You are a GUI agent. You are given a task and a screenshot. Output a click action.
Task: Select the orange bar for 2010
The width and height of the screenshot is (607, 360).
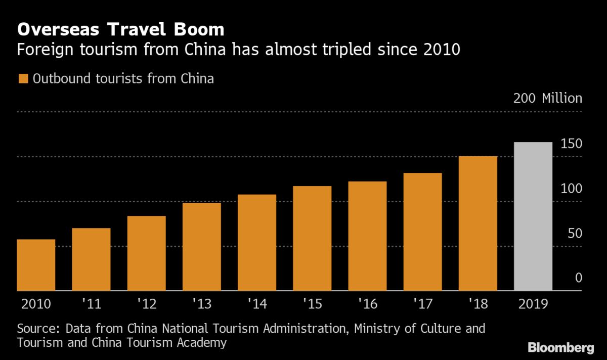point(36,265)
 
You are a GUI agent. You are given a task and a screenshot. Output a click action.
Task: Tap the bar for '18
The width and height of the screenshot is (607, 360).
point(478,223)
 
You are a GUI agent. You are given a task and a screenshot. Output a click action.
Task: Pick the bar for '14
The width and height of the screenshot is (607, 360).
point(257,243)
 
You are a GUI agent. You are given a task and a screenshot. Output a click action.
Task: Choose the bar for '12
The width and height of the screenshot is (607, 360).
point(147,253)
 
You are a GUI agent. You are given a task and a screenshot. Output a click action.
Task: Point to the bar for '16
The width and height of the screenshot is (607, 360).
point(367,236)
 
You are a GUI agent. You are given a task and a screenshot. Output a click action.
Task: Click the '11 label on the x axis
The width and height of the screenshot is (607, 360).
point(91,305)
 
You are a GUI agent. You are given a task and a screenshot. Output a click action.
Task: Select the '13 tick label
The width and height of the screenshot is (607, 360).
point(202,305)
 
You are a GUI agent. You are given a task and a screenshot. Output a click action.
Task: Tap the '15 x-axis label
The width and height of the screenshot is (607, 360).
point(312,305)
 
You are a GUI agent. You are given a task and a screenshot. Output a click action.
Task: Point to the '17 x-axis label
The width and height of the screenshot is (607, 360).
point(422,305)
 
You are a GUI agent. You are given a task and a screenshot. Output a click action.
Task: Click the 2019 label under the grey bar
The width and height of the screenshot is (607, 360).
point(533,305)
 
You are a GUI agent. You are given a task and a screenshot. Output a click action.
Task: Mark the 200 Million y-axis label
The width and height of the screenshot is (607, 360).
point(547,98)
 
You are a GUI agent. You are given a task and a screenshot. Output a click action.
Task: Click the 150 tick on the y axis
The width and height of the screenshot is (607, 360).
point(572,144)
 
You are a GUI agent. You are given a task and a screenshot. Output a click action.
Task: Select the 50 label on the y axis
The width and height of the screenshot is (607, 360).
point(575,234)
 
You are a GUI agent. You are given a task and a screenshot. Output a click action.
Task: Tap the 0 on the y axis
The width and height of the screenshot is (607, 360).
point(579,278)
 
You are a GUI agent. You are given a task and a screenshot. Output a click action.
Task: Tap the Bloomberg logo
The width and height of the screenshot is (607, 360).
point(560,348)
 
